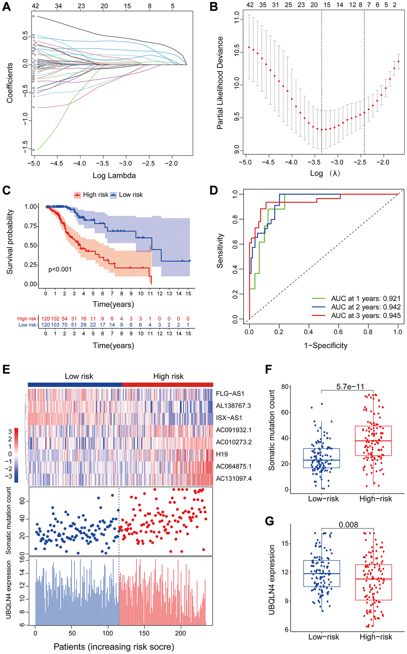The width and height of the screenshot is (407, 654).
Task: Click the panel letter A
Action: (6, 7)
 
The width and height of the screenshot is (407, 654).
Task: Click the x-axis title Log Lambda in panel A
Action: (114, 175)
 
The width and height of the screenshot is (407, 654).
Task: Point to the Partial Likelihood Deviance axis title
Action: (220, 83)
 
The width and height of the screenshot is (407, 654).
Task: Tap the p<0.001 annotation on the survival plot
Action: (60, 270)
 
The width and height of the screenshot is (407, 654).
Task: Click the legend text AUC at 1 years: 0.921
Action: (366, 299)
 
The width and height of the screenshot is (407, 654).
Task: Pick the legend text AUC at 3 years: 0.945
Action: (366, 316)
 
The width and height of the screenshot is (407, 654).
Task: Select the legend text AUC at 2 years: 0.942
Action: (366, 307)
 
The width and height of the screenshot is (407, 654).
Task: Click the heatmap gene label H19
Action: (222, 454)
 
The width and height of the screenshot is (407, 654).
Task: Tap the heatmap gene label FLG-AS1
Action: (230, 394)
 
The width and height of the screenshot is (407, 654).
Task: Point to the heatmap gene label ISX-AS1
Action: (229, 418)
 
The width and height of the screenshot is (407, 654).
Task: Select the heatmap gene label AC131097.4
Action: (234, 479)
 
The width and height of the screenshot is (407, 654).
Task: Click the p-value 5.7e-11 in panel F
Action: (350, 387)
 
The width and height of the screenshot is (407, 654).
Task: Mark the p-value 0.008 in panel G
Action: (348, 525)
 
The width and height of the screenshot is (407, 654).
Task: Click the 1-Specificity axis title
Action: (326, 346)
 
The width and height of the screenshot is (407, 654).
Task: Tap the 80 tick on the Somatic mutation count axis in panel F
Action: (285, 387)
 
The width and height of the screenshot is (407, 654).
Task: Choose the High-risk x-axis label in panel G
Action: (375, 637)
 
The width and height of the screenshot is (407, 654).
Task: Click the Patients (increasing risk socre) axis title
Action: (114, 647)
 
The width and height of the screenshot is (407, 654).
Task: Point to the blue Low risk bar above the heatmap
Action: (75, 384)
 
